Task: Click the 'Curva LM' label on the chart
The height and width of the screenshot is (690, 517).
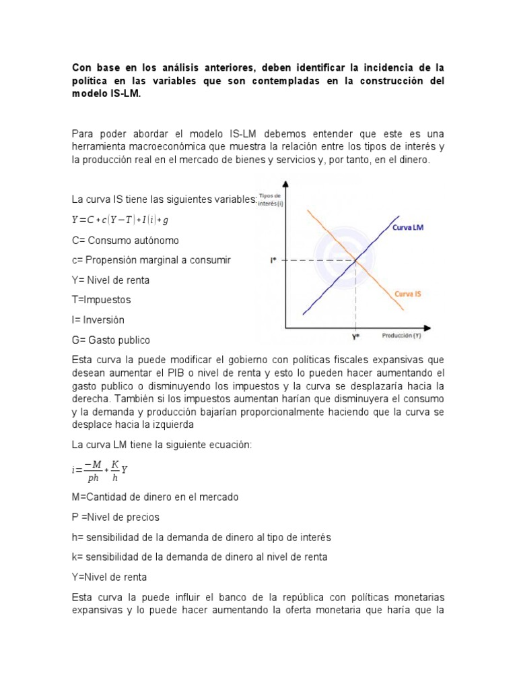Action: [x=408, y=228]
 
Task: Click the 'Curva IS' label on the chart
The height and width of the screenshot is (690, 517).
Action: [x=409, y=294]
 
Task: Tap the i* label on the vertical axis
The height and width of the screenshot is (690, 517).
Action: [x=273, y=260]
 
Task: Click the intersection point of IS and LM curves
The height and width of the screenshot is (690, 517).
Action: [x=355, y=260]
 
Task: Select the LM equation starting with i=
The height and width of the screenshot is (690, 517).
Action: [x=100, y=470]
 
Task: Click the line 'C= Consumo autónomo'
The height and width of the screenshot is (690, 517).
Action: [x=125, y=240]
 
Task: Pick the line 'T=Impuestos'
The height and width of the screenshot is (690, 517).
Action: [x=101, y=300]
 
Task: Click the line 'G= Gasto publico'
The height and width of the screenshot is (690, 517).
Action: [x=110, y=340]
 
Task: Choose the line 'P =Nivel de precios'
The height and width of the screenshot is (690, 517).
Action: [x=116, y=517]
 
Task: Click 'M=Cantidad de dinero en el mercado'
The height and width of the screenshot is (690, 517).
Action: [x=155, y=497]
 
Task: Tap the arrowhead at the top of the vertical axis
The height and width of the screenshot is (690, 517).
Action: [x=287, y=185]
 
